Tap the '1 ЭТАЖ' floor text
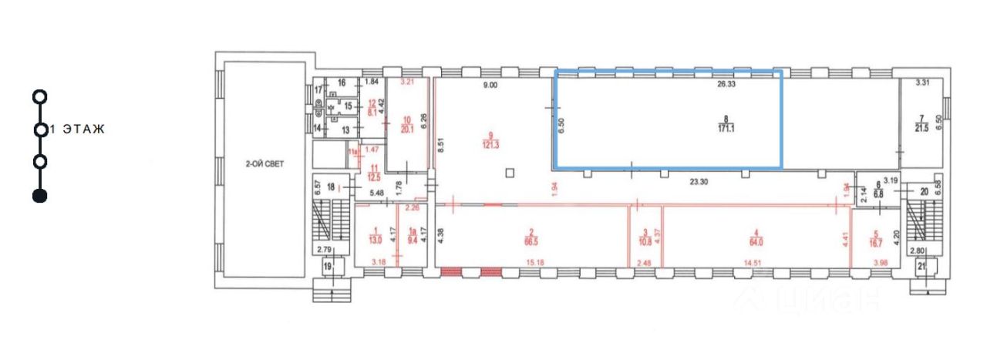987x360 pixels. (x=76, y=129)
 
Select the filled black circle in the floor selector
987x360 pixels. (x=40, y=196)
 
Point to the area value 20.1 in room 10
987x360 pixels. (x=409, y=130)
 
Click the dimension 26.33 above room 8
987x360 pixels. (x=727, y=86)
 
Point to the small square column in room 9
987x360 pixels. (x=509, y=172)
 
